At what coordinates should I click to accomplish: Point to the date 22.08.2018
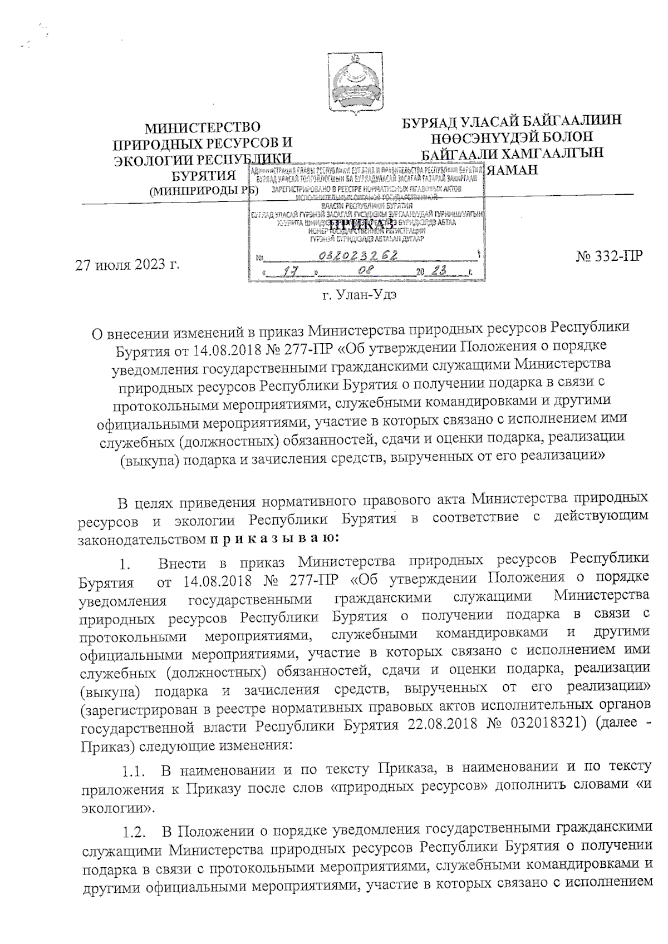click(443, 726)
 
